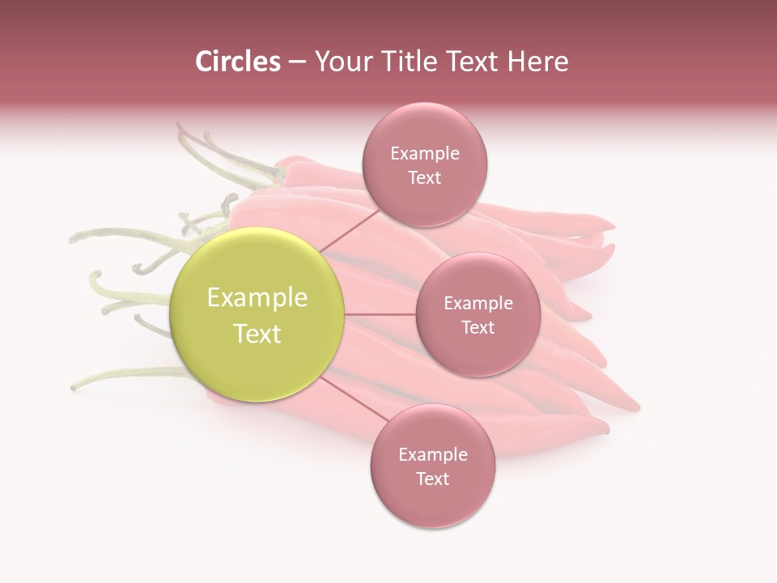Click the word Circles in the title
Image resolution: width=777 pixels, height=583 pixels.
(237, 62)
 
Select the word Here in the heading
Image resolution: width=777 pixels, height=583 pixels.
(537, 62)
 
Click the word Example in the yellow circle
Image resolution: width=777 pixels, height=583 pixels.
(257, 298)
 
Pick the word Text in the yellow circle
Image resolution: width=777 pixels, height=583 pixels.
(257, 334)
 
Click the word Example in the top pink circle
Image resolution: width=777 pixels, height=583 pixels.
(425, 154)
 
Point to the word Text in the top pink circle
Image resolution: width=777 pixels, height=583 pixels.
(425, 177)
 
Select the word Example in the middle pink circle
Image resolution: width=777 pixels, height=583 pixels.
(478, 304)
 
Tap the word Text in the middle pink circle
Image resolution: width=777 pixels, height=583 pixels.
(478, 327)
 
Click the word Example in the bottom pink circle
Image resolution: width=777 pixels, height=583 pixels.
(433, 455)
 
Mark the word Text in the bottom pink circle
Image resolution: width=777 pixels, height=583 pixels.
(433, 479)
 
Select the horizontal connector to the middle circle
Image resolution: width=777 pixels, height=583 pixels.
(380, 313)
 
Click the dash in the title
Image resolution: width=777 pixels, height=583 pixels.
(297, 62)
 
